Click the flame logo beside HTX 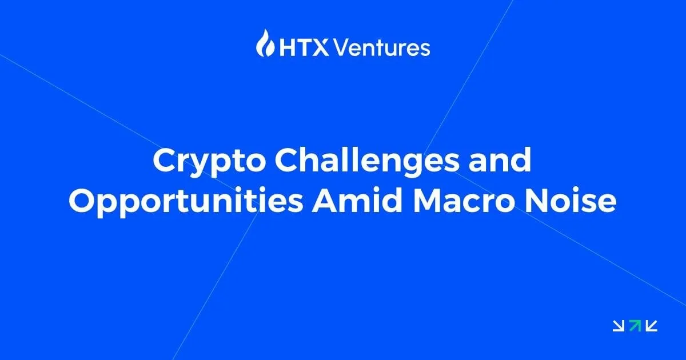point(265,43)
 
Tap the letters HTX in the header point(304,48)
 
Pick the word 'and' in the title point(500,160)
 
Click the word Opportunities point(186,203)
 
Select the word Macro point(464,201)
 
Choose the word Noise point(571,201)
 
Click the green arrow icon point(635,326)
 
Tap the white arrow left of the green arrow point(619,326)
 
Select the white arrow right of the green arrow point(651,326)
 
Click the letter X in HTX point(321,48)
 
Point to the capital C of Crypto point(165,160)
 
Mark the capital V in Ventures point(342,48)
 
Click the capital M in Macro point(428,201)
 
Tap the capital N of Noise point(537,201)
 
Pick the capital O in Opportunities point(82,201)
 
